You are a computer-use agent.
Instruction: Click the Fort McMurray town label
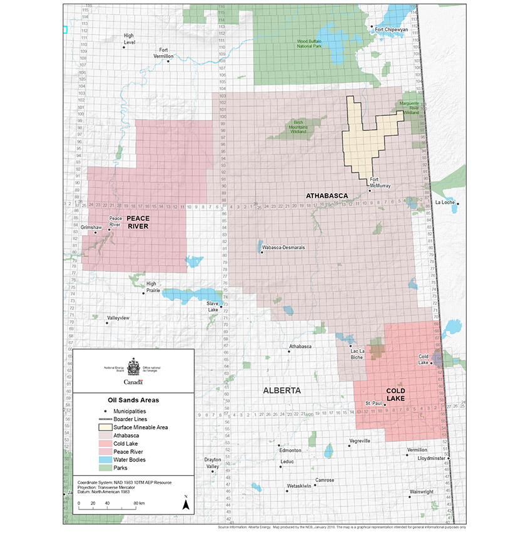(x=380, y=182)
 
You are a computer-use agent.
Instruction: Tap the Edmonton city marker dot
(x=279, y=446)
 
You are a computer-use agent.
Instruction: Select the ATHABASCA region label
(x=326, y=196)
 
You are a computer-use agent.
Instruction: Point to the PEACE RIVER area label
(x=137, y=222)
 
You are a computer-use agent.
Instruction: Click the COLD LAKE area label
(x=404, y=394)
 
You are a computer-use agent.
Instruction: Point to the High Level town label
(x=128, y=39)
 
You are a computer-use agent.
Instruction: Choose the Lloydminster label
(x=432, y=458)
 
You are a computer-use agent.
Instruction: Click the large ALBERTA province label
(x=282, y=390)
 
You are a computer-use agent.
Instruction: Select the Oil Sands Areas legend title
(x=133, y=399)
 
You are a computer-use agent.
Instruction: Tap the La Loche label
(x=444, y=202)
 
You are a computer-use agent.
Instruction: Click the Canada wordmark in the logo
(x=133, y=382)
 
